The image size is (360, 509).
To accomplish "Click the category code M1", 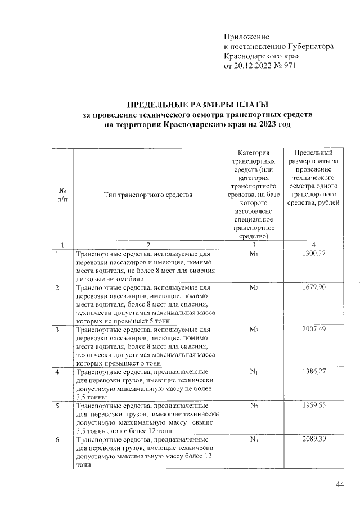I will click(x=253, y=255).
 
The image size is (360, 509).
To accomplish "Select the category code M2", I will click(x=253, y=288).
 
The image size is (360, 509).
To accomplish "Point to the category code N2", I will click(x=253, y=406).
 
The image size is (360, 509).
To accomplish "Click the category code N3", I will click(x=253, y=439).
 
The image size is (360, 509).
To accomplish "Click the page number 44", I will click(x=339, y=485).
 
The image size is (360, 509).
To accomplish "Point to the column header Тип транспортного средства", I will click(x=148, y=195).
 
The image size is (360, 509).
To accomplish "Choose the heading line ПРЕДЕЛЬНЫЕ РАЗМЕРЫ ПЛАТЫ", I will click(x=197, y=105).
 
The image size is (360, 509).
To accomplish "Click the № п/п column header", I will click(x=62, y=195).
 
